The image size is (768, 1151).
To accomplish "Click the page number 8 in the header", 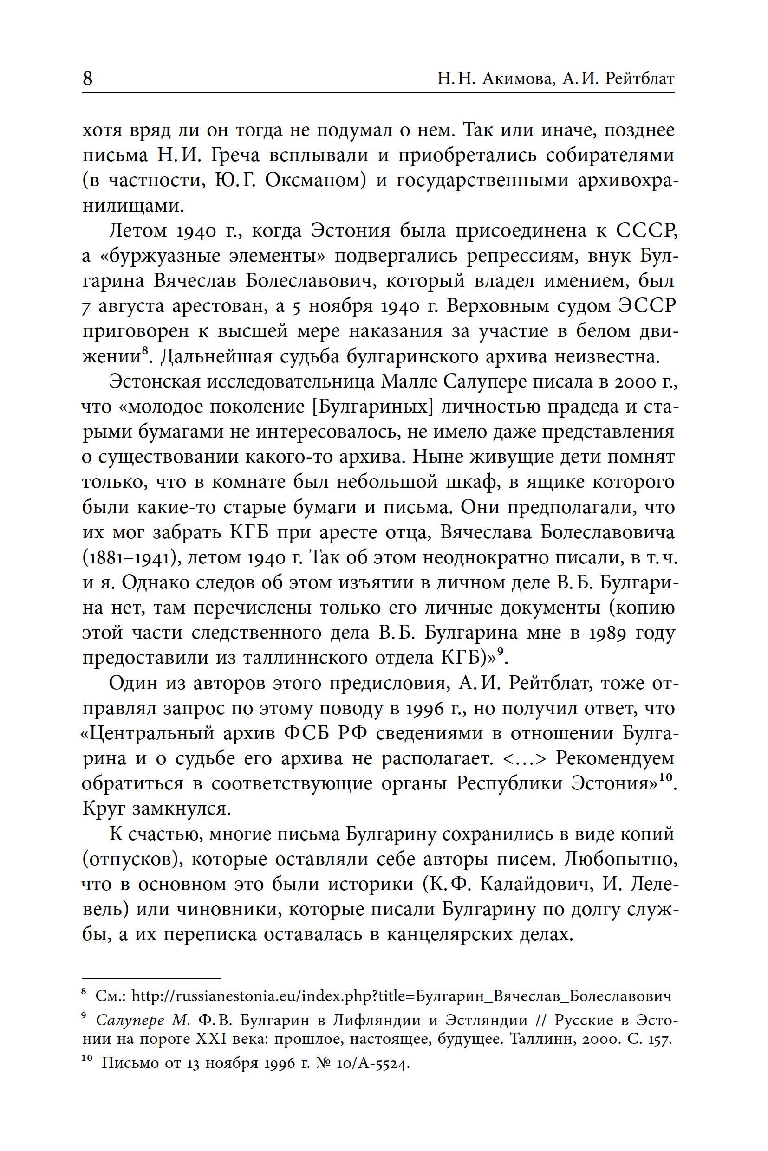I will (x=88, y=78).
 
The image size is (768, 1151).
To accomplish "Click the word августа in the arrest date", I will (x=131, y=306).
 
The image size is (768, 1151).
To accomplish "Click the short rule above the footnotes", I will (x=152, y=978).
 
